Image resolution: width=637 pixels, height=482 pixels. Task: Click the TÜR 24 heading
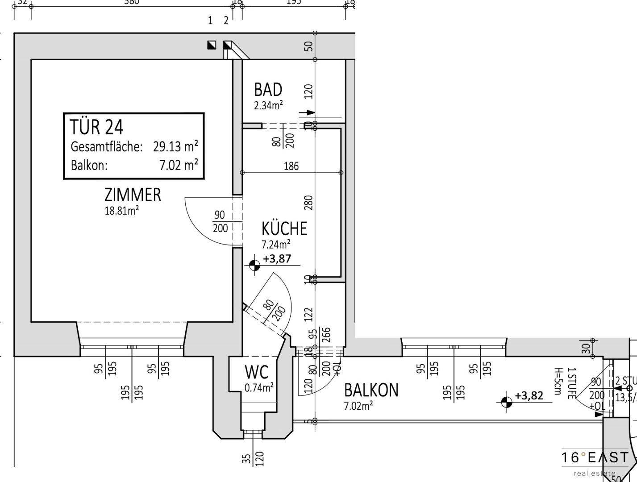tap(96, 127)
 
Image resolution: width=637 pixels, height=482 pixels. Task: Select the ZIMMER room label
tap(133, 195)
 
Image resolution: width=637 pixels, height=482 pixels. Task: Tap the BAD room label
tap(268, 90)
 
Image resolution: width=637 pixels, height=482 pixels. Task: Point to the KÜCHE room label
tap(284, 229)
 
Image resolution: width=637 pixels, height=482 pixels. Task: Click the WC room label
tap(257, 372)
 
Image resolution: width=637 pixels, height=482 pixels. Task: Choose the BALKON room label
tap(371, 390)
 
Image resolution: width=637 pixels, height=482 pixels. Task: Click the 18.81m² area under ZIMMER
tap(121, 211)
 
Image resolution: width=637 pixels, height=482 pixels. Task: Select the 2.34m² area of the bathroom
tap(269, 106)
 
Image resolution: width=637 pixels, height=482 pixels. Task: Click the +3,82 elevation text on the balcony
tap(529, 395)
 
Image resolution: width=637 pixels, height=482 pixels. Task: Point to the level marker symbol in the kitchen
tap(254, 266)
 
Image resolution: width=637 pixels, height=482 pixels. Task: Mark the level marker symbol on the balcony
tap(506, 402)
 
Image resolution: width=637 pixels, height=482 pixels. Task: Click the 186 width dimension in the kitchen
tap(291, 166)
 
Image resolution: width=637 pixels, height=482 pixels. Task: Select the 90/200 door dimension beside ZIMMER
tap(220, 221)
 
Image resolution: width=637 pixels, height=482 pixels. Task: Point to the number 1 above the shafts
tap(210, 21)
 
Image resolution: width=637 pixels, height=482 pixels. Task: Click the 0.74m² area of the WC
tap(259, 388)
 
